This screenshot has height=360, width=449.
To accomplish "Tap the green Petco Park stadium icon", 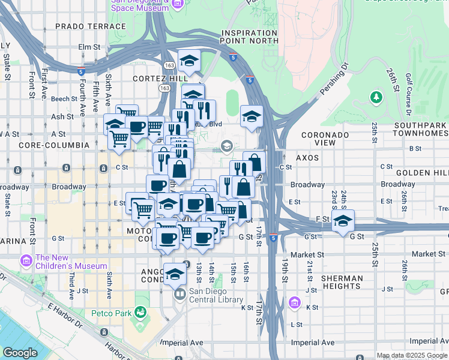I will [140, 312].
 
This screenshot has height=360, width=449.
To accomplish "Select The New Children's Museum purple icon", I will [25, 261].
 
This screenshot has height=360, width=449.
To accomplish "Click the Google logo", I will [20, 353].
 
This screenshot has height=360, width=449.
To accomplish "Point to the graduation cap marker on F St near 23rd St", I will [343, 221].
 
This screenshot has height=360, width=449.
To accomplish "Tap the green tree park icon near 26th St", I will [376, 97].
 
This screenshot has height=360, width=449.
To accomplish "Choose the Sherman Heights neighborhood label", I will [342, 283].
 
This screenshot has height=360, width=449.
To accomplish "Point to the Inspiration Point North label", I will [250, 37].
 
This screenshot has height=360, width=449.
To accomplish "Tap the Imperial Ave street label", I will [312, 343].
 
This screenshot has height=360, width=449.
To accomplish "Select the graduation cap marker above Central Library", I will [175, 275].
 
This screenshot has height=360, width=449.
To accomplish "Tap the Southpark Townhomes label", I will [421, 130].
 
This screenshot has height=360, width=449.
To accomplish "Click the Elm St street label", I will [88, 46].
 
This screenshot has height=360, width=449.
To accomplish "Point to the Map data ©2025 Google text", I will [411, 355].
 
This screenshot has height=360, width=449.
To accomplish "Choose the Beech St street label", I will [61, 98].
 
